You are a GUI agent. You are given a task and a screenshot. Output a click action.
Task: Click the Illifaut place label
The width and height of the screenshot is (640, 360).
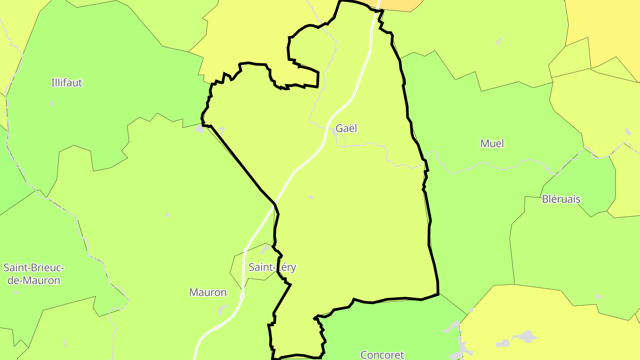(x=67, y=83)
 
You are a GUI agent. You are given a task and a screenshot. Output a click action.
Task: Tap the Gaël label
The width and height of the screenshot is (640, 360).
(x=346, y=128)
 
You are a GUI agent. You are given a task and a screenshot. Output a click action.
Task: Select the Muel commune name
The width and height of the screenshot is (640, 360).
(x=492, y=143)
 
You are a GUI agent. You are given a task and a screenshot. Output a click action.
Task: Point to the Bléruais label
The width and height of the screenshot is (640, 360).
(x=561, y=199)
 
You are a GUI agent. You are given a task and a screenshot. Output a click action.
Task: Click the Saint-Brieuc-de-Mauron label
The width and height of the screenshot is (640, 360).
(x=34, y=274)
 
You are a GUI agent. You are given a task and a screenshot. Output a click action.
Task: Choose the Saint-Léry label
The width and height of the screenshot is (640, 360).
(x=272, y=267)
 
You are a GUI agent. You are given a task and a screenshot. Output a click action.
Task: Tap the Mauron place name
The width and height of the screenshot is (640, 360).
(x=208, y=292)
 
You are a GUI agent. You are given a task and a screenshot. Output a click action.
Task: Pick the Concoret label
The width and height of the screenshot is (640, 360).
(x=382, y=354)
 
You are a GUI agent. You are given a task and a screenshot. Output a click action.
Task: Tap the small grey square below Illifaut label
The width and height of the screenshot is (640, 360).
(x=52, y=104)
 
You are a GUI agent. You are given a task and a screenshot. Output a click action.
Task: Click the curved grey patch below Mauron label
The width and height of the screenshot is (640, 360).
(x=222, y=309)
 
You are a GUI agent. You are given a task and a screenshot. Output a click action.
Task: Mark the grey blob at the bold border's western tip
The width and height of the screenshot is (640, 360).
(x=199, y=129)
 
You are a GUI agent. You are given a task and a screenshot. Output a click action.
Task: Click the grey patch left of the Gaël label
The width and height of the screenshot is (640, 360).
(x=333, y=132)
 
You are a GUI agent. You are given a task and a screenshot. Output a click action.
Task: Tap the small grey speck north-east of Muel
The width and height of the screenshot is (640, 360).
(x=499, y=42)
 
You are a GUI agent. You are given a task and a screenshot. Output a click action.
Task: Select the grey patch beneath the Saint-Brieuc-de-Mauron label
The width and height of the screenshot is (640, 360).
(x=16, y=292)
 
